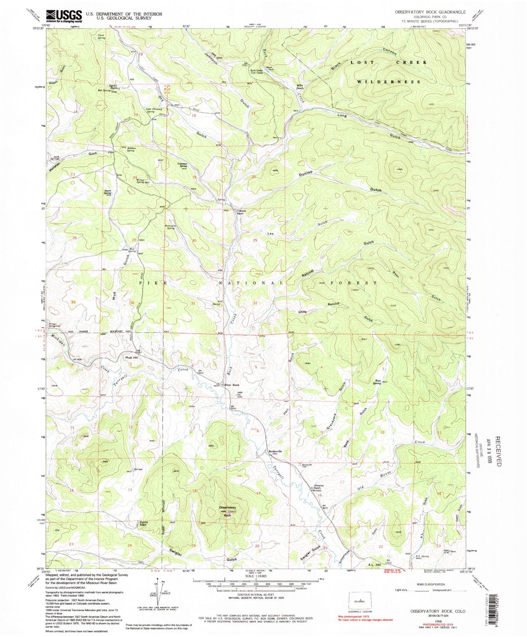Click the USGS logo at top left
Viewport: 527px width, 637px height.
point(64,15)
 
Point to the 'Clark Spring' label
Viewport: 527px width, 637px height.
point(102,36)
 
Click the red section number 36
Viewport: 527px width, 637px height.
point(132,303)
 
